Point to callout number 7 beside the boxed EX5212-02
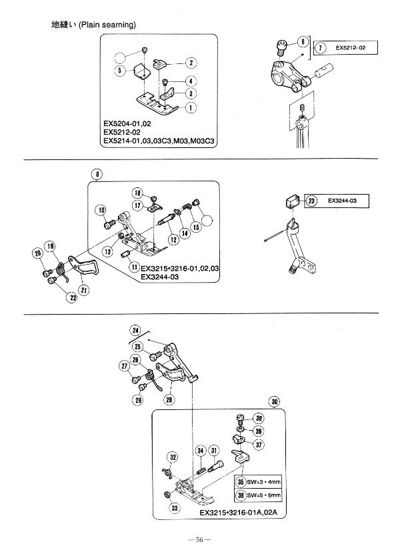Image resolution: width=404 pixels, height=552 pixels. click(321, 48)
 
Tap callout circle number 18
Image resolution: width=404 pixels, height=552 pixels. click(137, 191)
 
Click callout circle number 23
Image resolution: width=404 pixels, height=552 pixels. click(311, 199)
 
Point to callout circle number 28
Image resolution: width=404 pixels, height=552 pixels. click(169, 399)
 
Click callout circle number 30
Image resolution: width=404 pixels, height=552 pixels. click(275, 401)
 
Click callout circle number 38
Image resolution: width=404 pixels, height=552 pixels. click(259, 419)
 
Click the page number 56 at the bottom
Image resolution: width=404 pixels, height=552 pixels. click(201, 539)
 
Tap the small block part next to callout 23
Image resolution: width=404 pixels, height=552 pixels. click(291, 199)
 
